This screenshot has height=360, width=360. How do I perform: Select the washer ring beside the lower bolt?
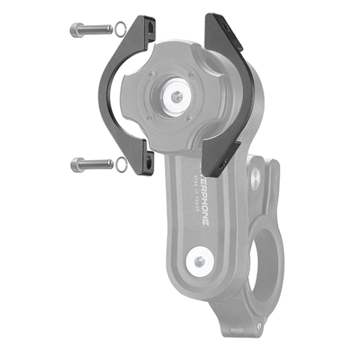click(x=120, y=165)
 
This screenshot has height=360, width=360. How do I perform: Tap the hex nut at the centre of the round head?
click(x=177, y=97)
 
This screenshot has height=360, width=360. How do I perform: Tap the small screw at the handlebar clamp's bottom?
click(x=259, y=326)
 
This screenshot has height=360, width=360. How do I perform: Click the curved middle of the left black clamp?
click(x=106, y=96)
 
